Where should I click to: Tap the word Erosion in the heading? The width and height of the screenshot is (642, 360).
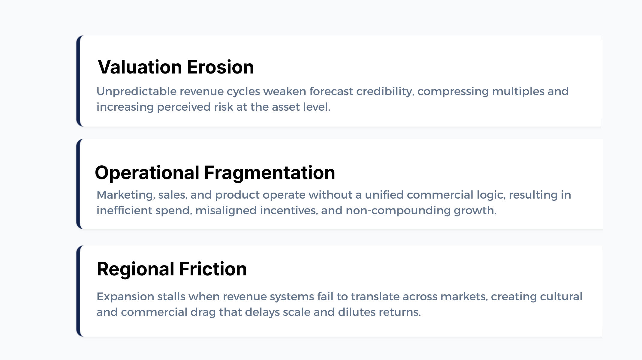(221, 67)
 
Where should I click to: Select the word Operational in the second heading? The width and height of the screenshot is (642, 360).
(147, 173)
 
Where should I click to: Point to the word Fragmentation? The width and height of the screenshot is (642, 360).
(270, 173)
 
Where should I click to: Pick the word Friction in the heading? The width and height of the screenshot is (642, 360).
(213, 269)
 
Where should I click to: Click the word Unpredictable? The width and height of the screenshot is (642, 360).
(137, 91)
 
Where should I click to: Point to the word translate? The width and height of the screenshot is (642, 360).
(375, 297)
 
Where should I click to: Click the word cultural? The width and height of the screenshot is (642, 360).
(561, 296)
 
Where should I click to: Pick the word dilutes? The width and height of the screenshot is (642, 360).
(357, 312)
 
